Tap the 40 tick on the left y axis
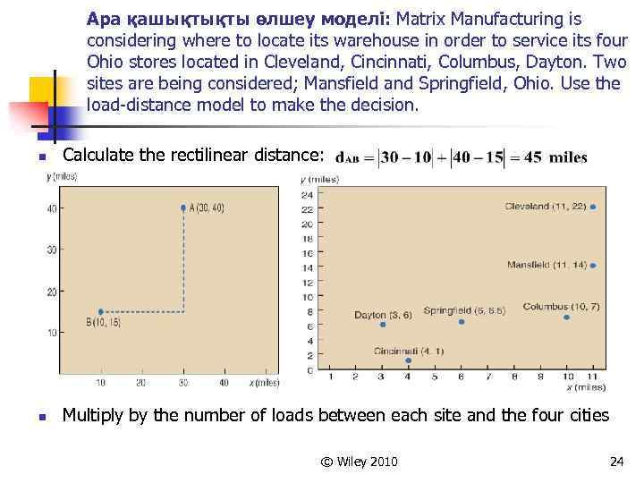[x=51, y=209]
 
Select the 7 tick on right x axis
[x=487, y=377]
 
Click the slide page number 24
[x=615, y=462]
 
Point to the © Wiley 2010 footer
[x=359, y=462]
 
